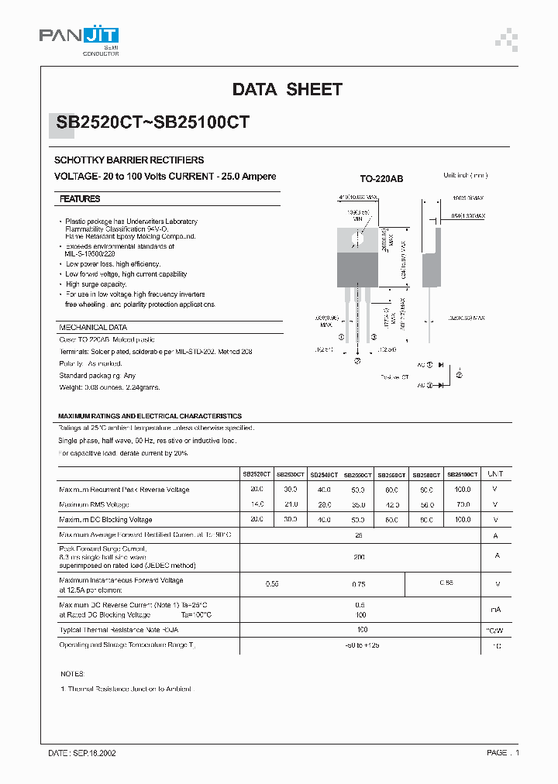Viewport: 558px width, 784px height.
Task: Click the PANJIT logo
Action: point(79,38)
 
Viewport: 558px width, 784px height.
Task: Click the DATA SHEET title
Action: point(287,90)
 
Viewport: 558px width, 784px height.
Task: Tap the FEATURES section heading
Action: point(80,199)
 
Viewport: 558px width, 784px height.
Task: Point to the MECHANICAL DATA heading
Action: point(93,328)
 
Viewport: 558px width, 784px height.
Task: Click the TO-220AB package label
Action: point(381,179)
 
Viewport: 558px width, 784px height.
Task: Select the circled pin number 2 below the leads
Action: point(357,361)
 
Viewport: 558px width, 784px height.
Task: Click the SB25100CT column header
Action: point(462,474)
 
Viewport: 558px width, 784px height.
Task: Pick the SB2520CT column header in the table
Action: point(257,474)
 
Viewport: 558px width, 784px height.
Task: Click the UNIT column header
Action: point(495,474)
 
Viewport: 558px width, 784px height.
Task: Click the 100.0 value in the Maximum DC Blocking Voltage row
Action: point(462,520)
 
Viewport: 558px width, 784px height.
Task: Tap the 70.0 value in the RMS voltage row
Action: point(462,505)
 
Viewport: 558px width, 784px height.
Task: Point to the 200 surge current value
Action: point(360,557)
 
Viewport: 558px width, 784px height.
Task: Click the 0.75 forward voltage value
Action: point(359,585)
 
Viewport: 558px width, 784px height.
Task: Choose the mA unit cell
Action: point(495,610)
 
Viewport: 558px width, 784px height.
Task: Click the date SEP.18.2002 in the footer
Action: point(82,753)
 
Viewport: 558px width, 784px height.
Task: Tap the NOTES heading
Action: point(71,674)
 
